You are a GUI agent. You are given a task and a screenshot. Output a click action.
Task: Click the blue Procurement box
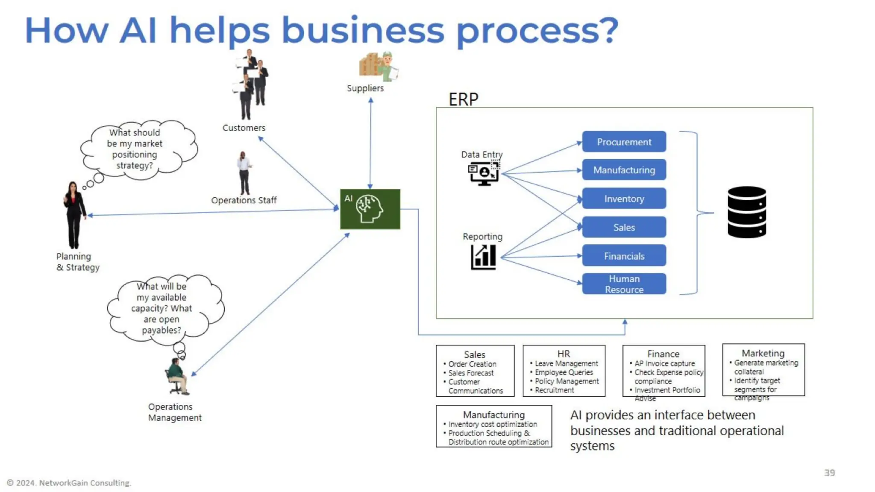point(624,142)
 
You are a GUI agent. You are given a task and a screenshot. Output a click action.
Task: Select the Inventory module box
point(624,199)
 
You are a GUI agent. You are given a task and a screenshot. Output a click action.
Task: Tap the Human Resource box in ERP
point(624,284)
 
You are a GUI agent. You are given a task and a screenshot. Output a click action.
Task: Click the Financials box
point(624,256)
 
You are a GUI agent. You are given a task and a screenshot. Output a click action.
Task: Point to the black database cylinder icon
point(746,212)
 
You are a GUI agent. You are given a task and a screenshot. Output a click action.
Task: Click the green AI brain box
point(370,209)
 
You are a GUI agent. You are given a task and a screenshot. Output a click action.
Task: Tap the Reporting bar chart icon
point(483,257)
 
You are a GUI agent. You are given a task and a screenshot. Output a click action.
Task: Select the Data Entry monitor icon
point(484,173)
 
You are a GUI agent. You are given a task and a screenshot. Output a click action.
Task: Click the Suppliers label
point(365,88)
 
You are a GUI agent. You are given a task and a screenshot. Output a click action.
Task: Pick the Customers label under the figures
point(244,128)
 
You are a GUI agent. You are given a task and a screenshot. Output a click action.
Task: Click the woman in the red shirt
point(74,214)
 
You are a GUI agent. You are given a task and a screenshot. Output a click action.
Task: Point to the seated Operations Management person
point(177,376)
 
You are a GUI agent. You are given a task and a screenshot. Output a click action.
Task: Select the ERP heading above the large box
point(463,100)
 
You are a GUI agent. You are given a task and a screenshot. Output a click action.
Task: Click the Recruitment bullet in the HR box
point(554,390)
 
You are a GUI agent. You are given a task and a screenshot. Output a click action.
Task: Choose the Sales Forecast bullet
point(470,373)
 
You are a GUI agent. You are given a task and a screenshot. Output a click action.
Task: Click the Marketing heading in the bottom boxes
point(763,353)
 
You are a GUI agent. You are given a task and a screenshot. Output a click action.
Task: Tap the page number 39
point(829,473)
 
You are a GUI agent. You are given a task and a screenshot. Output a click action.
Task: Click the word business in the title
point(363,31)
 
